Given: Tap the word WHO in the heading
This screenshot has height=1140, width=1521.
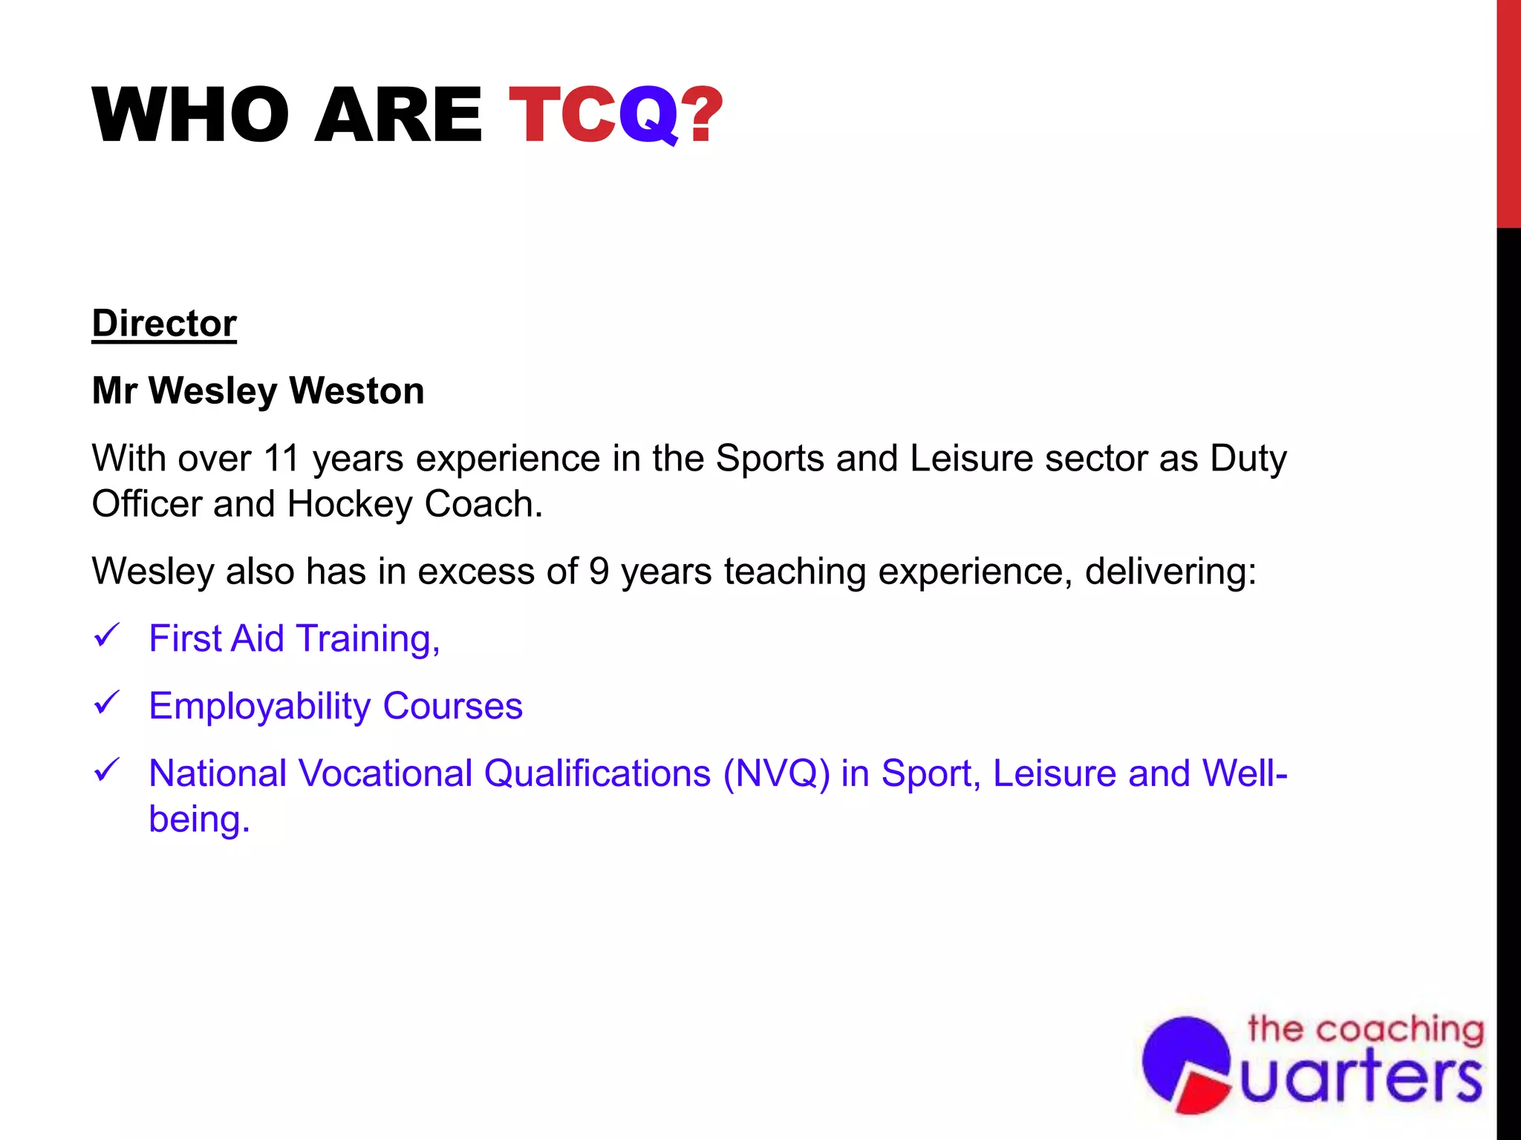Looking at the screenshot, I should point(190,115).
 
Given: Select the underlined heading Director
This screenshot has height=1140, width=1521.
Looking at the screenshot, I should point(164,324).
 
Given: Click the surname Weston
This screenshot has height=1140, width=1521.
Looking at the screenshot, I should point(356,391).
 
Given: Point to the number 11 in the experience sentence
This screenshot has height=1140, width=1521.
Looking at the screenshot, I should point(281,458).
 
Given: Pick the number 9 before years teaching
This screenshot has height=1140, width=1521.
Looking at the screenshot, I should point(599,571).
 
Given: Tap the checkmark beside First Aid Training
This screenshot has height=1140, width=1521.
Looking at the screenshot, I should point(107,636).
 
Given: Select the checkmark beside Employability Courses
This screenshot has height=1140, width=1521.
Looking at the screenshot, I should point(107,703).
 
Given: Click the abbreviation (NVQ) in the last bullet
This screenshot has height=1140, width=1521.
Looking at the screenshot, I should point(777,773).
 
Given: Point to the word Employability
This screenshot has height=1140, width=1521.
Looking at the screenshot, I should point(259,707).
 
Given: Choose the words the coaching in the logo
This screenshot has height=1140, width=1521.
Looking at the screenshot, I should point(1365,1029).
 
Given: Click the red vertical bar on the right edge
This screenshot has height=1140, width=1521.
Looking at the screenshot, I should point(1508,111).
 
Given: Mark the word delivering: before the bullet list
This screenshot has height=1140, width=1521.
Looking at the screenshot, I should point(1170,571).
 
